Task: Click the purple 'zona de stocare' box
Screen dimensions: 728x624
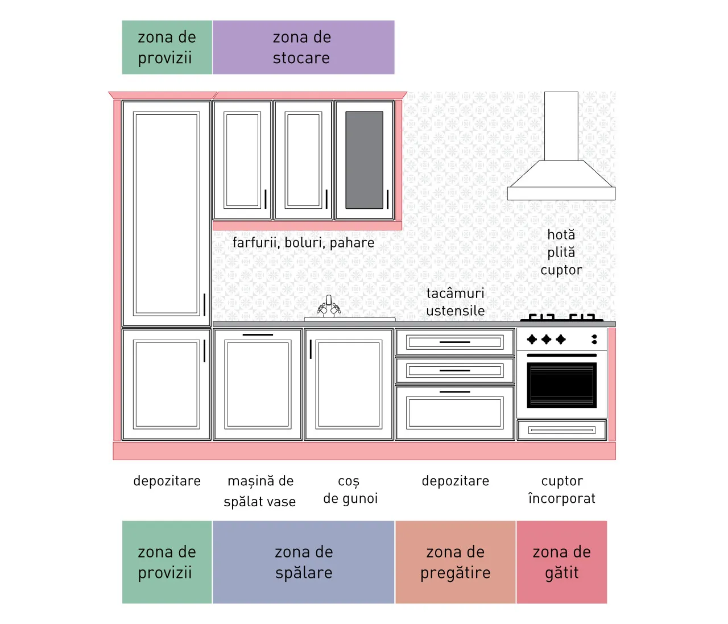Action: [x=303, y=47]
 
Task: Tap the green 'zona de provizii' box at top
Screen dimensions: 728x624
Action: [x=167, y=47]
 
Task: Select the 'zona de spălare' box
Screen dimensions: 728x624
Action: [x=303, y=562]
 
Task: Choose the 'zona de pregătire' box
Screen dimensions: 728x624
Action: [x=456, y=562]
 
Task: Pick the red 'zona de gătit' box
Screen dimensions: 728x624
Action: [x=562, y=562]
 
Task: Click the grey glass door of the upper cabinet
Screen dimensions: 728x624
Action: [x=364, y=160]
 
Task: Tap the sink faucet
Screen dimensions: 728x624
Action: [x=329, y=307]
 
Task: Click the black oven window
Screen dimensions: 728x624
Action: [x=562, y=385]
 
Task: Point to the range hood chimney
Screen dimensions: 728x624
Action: [x=561, y=126]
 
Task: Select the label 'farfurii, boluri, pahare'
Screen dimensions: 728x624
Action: [x=303, y=243]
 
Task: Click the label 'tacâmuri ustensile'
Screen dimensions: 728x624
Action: [x=456, y=302]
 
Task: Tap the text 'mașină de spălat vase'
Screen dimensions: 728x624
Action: [x=260, y=491]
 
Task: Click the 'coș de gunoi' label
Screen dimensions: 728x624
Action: [x=350, y=490]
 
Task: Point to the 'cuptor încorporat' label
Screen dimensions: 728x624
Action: [x=562, y=490]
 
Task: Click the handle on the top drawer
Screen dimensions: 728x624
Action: [x=454, y=342]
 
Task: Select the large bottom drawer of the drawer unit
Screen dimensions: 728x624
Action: [x=454, y=413]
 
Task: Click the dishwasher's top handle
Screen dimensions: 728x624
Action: [x=258, y=334]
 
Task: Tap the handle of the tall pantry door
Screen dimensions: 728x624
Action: [x=204, y=305]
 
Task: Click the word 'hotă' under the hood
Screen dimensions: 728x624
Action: [x=561, y=235]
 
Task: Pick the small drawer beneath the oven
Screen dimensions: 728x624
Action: [x=562, y=430]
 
